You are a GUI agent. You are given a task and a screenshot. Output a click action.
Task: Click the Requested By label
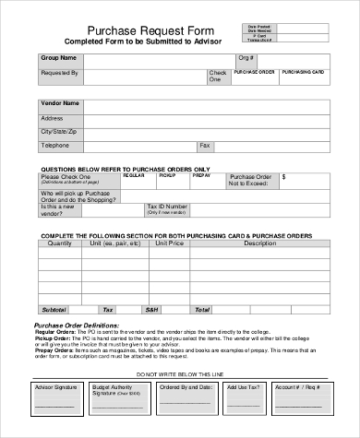point(60,72)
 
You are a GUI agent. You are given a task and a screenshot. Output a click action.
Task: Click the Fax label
point(205,146)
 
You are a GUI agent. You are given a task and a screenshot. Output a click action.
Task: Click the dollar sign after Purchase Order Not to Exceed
point(284,175)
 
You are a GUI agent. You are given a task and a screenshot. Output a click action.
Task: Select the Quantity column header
point(59,244)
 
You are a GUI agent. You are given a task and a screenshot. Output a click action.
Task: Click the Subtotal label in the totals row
point(54,310)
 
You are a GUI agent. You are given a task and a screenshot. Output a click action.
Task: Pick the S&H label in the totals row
point(152,310)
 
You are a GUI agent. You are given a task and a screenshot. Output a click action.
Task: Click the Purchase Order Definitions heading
point(77,326)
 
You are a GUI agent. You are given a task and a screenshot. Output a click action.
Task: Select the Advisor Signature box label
point(55,388)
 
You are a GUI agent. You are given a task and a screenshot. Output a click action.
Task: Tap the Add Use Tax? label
point(245,388)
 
